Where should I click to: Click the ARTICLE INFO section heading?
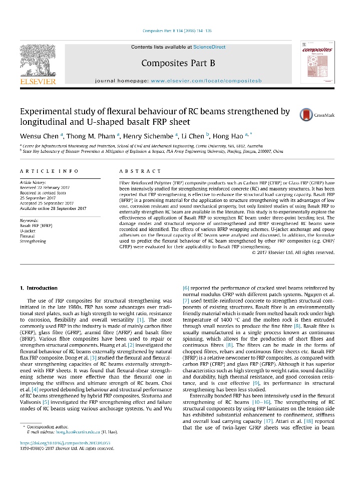49,171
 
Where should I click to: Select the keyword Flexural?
27,235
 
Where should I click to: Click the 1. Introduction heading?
38,288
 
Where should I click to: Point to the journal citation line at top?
180,31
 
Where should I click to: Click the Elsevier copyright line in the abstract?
293,252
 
